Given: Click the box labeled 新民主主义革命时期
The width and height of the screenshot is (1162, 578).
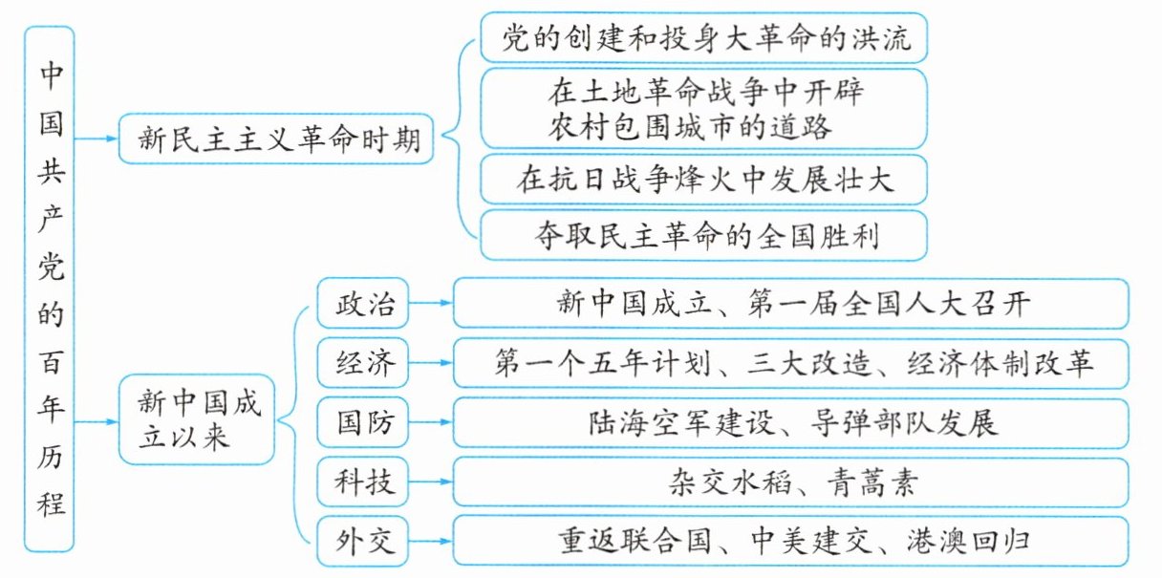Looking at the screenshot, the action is pyautogui.click(x=276, y=139).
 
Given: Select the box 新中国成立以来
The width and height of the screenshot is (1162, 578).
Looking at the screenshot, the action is pyautogui.click(x=197, y=419).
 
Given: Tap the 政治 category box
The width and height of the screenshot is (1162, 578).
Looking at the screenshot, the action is pyautogui.click(x=362, y=303).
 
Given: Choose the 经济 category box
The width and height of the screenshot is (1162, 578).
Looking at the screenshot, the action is pyautogui.click(x=362, y=363).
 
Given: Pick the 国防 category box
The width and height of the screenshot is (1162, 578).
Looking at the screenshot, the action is pyautogui.click(x=362, y=422).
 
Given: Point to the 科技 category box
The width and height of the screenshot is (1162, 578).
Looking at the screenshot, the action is pyautogui.click(x=362, y=482).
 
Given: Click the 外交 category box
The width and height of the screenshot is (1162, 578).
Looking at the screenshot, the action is pyautogui.click(x=362, y=541).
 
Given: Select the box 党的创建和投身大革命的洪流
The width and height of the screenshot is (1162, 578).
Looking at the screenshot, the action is pyautogui.click(x=704, y=38).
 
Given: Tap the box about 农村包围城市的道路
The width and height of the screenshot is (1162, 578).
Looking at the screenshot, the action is pyautogui.click(x=704, y=109).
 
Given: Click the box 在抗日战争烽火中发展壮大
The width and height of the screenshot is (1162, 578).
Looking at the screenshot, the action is pyautogui.click(x=704, y=180).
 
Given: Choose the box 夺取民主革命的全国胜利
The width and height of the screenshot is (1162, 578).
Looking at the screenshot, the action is pyautogui.click(x=704, y=236).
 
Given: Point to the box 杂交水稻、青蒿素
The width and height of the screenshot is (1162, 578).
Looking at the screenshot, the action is pyautogui.click(x=790, y=482).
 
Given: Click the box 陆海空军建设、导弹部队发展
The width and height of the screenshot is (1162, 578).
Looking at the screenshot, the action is pyautogui.click(x=790, y=422).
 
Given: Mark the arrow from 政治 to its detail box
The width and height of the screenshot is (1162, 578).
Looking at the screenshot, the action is pyautogui.click(x=431, y=303).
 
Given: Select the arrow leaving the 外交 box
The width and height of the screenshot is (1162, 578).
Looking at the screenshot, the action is pyautogui.click(x=431, y=541).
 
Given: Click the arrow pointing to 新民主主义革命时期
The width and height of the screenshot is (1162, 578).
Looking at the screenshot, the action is pyautogui.click(x=97, y=139).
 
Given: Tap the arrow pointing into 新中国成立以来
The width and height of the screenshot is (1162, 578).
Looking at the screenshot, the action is pyautogui.click(x=97, y=422).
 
